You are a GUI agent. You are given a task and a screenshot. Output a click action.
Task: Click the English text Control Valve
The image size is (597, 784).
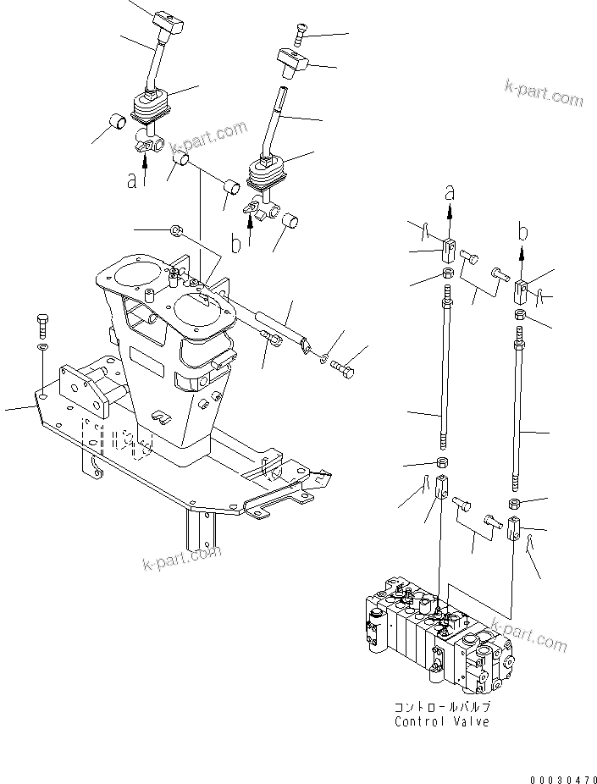441,721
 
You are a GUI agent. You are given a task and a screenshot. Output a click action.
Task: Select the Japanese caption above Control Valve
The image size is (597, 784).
441,706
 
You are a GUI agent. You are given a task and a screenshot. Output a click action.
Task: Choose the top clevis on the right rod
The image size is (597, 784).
522,292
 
